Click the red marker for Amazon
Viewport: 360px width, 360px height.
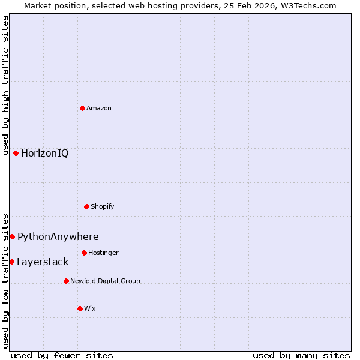pos(82,108)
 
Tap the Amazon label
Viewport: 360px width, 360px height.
pos(99,109)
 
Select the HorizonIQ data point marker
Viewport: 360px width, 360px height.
pos(16,153)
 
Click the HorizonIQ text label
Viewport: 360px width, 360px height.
pos(45,154)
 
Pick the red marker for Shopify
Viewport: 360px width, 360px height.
pos(86,206)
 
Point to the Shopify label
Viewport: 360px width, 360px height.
pos(103,207)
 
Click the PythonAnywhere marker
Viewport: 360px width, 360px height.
pos(12,236)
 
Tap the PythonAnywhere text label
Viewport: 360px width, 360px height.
pos(58,237)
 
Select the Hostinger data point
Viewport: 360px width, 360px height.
pos(84,253)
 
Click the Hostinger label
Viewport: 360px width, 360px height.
pos(104,253)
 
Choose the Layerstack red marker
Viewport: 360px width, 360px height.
pos(11,262)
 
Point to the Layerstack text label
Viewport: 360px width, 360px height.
pos(43,262)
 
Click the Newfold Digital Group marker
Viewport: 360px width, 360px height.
pos(66,281)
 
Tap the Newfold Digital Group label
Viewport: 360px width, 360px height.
pos(105,281)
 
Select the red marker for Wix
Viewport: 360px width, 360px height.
pos(80,308)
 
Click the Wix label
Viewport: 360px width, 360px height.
pos(90,309)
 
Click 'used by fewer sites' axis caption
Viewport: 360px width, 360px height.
pos(62,355)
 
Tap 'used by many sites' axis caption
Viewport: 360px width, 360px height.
pos(301,355)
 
